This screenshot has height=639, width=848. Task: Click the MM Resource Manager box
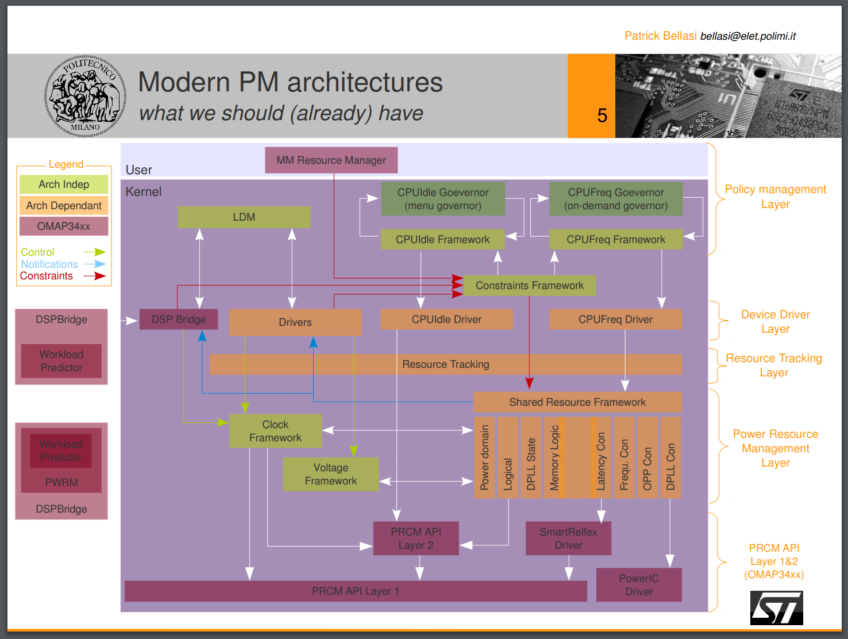[331, 160]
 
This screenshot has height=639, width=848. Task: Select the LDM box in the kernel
[244, 217]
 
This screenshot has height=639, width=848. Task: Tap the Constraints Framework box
[529, 286]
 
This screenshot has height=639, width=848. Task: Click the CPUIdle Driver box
[446, 319]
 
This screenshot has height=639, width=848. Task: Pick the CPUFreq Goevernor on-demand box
[616, 199]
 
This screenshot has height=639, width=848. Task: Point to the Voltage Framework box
[331, 474]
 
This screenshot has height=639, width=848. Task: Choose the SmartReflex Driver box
[568, 538]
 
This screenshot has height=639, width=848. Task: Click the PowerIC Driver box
[639, 585]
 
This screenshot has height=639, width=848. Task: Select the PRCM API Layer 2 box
[416, 538]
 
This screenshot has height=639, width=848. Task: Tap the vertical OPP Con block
[647, 458]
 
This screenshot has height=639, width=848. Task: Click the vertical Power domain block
[484, 458]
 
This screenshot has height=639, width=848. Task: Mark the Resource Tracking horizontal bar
[446, 364]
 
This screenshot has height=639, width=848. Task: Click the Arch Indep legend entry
[64, 184]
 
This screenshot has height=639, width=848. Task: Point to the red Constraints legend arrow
[95, 276]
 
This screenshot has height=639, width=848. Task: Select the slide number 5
[602, 116]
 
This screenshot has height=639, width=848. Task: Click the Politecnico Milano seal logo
[85, 96]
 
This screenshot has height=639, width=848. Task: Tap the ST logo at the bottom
[776, 608]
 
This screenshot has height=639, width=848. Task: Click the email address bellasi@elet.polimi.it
[747, 36]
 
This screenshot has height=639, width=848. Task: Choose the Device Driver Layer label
[775, 322]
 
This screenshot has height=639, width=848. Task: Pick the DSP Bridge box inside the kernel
[179, 319]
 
